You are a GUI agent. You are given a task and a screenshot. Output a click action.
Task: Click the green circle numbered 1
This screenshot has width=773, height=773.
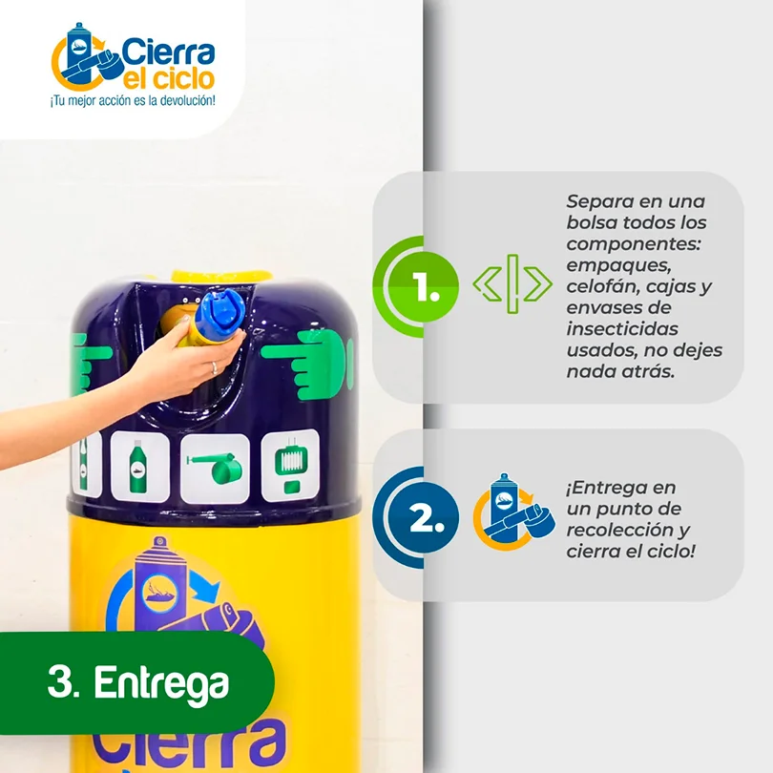423,287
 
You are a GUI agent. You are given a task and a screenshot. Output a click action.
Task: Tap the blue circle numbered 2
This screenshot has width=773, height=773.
423,517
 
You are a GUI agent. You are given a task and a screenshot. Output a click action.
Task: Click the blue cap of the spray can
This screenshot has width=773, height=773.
220,311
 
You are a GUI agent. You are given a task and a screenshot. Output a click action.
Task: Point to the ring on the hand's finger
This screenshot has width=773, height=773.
215,367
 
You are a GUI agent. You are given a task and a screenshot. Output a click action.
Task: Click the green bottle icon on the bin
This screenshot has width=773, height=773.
138,467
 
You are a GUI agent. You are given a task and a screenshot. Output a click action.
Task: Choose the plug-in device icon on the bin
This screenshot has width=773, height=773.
291,465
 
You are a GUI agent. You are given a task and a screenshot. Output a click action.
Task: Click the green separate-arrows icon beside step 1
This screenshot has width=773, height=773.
512,284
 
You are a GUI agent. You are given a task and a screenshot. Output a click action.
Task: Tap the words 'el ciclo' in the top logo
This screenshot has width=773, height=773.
169,79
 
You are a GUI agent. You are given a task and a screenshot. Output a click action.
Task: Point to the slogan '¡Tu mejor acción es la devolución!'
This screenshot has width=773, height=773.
133,100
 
